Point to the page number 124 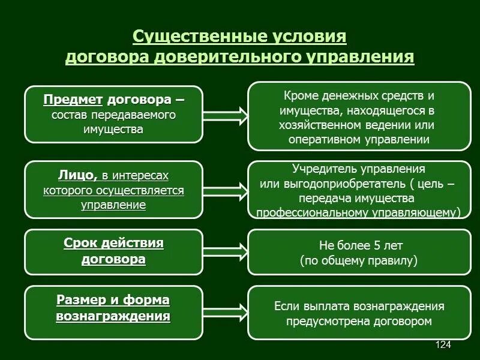point(443,344)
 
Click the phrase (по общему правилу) point(358,260)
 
